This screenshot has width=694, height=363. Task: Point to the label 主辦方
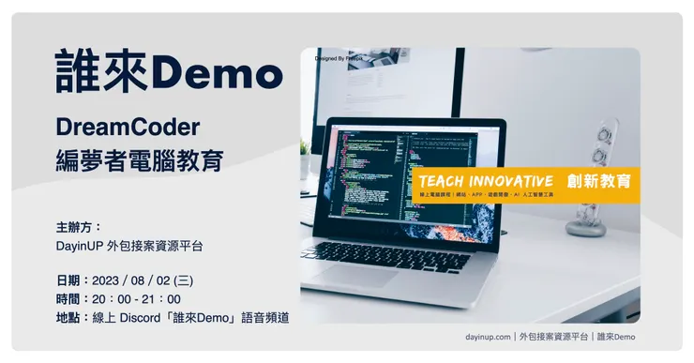tap(78, 227)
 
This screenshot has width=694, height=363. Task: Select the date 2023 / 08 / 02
tap(134, 280)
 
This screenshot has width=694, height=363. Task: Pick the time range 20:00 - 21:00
tap(136, 299)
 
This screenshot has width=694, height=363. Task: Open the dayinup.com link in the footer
tap(487, 336)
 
